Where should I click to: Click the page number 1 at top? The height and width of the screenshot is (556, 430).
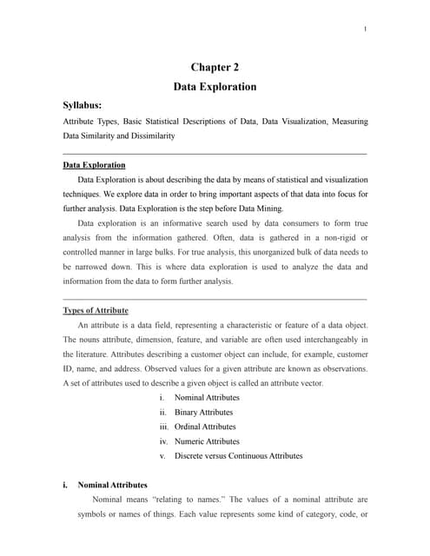pyautogui.click(x=366, y=30)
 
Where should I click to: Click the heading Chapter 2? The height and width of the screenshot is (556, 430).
pyautogui.click(x=215, y=67)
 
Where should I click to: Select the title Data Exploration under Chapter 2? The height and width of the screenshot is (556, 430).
pyautogui.click(x=215, y=87)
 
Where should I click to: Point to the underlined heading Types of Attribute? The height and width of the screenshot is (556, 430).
pyautogui.click(x=96, y=310)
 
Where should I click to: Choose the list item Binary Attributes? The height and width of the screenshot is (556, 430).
pyautogui.click(x=203, y=412)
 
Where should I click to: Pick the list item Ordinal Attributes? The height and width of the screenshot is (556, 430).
pyautogui.click(x=205, y=427)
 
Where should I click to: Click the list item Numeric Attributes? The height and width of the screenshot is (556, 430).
pyautogui.click(x=207, y=441)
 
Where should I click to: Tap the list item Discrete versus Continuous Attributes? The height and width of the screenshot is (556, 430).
pyautogui.click(x=238, y=455)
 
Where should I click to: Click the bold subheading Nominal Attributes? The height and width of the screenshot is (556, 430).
pyautogui.click(x=113, y=485)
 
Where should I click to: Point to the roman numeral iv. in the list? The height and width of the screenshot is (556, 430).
pyautogui.click(x=163, y=441)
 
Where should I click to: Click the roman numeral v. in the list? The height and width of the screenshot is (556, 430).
pyautogui.click(x=163, y=455)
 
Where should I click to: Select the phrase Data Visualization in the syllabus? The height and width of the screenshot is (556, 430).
pyautogui.click(x=286, y=122)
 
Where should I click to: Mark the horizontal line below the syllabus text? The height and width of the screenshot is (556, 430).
pyautogui.click(x=215, y=154)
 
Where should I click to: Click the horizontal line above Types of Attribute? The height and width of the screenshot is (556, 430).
pyautogui.click(x=215, y=299)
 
